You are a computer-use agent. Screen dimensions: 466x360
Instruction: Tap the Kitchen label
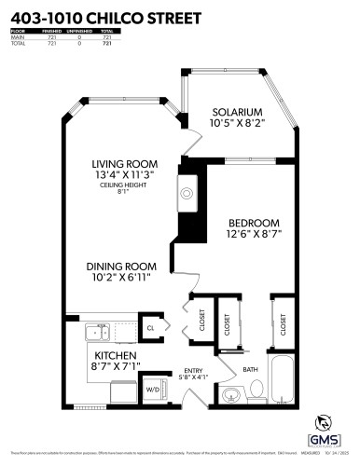(x=115, y=356)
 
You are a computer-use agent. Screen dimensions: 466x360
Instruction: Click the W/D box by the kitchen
(x=153, y=389)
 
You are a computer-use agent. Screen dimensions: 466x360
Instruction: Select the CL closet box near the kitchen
(x=149, y=327)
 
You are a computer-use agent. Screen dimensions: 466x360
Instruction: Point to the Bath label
(x=250, y=370)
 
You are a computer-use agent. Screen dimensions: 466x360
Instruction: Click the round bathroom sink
(x=229, y=394)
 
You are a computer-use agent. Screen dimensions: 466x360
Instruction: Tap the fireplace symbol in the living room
(x=187, y=193)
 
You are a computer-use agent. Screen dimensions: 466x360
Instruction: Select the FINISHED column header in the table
(x=51, y=31)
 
